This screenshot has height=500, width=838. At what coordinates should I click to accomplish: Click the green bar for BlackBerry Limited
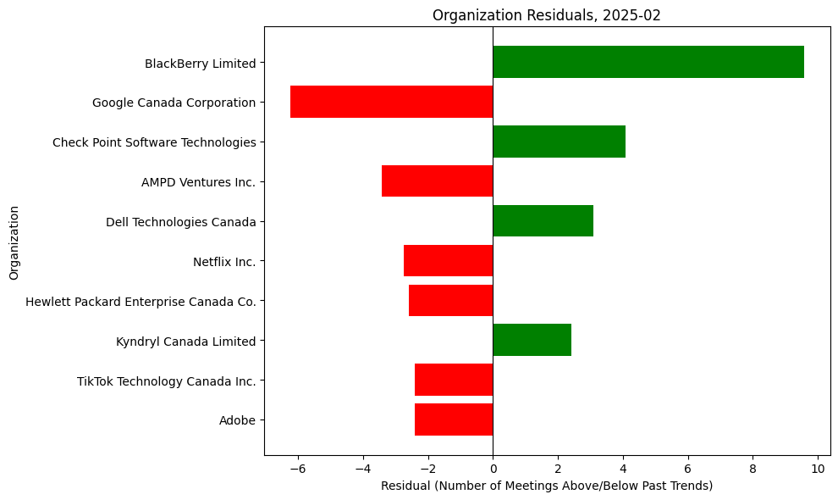[x=648, y=62]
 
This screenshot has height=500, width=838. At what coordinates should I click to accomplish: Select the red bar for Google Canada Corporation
[x=391, y=102]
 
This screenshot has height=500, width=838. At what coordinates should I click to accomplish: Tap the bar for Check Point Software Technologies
[x=559, y=142]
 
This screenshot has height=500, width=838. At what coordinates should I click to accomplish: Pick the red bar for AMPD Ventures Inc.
[x=437, y=181]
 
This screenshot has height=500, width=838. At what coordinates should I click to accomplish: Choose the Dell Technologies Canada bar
[x=543, y=221]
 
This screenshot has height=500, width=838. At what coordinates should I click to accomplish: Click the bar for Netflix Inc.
[x=448, y=261]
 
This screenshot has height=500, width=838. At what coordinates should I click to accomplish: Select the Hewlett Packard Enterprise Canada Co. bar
[x=450, y=301]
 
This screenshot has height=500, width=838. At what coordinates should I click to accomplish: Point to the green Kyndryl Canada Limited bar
[x=532, y=341]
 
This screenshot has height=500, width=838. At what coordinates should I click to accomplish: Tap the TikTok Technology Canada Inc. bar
[x=454, y=381]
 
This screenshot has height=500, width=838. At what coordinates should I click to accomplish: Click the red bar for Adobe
[x=454, y=420]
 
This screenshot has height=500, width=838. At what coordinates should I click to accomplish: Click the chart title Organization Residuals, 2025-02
[x=547, y=14]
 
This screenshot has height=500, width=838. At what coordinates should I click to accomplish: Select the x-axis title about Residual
[x=547, y=486]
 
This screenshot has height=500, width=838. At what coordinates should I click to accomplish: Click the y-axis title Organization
[x=14, y=241]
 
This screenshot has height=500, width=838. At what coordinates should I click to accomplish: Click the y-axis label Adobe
[x=237, y=420]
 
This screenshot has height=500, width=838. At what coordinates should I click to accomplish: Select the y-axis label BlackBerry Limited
[x=200, y=63]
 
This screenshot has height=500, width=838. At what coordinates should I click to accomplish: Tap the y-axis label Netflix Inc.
[x=224, y=262]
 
